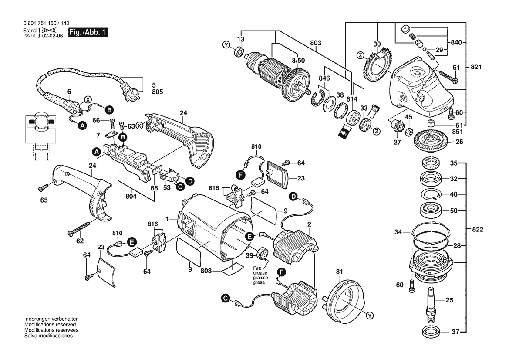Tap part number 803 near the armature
click(316, 43)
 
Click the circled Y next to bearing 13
click(226, 45)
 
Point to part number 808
click(206, 271)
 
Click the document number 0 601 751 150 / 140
click(46, 24)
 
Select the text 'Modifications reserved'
click(50, 325)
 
